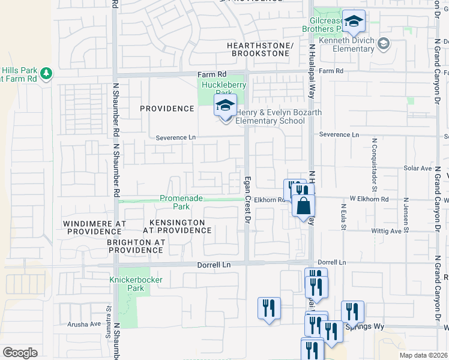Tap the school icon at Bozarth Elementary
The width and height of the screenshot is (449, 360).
(225, 107)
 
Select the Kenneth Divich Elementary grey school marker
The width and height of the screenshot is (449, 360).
(384, 43)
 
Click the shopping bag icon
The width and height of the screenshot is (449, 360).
(304, 205)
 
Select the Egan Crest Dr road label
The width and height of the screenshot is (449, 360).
(247, 200)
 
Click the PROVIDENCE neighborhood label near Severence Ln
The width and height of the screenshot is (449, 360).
(167, 109)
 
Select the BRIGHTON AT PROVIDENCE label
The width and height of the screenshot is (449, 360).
(136, 245)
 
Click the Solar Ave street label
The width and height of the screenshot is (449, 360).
(415, 169)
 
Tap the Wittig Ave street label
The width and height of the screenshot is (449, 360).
(387, 230)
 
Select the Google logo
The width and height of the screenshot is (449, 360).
(20, 353)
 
